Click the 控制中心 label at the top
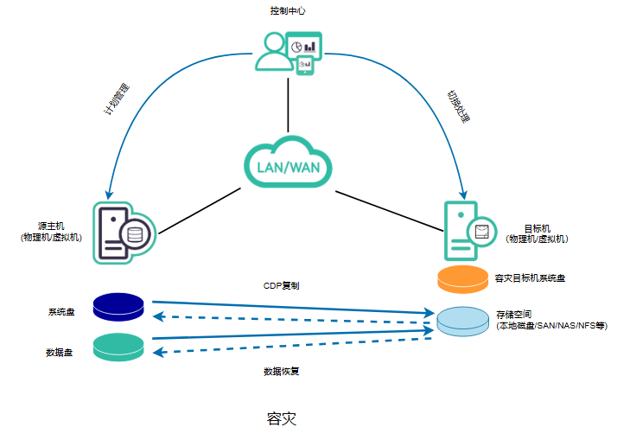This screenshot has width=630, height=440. click(x=288, y=11)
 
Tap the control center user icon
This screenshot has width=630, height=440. click(x=288, y=52)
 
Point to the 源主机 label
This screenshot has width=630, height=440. click(x=51, y=231)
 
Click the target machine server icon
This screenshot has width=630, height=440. click(x=467, y=230)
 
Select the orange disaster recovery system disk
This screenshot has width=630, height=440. click(x=463, y=279)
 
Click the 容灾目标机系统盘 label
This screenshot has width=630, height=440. click(x=530, y=278)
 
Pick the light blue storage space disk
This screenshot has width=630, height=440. click(x=463, y=320)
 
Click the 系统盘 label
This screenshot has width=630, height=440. click(x=60, y=311)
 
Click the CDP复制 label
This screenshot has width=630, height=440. click(x=282, y=284)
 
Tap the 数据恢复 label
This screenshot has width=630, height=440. click(x=282, y=372)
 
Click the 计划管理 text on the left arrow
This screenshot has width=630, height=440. click(x=117, y=100)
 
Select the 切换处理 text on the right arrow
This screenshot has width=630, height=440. click(x=458, y=105)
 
